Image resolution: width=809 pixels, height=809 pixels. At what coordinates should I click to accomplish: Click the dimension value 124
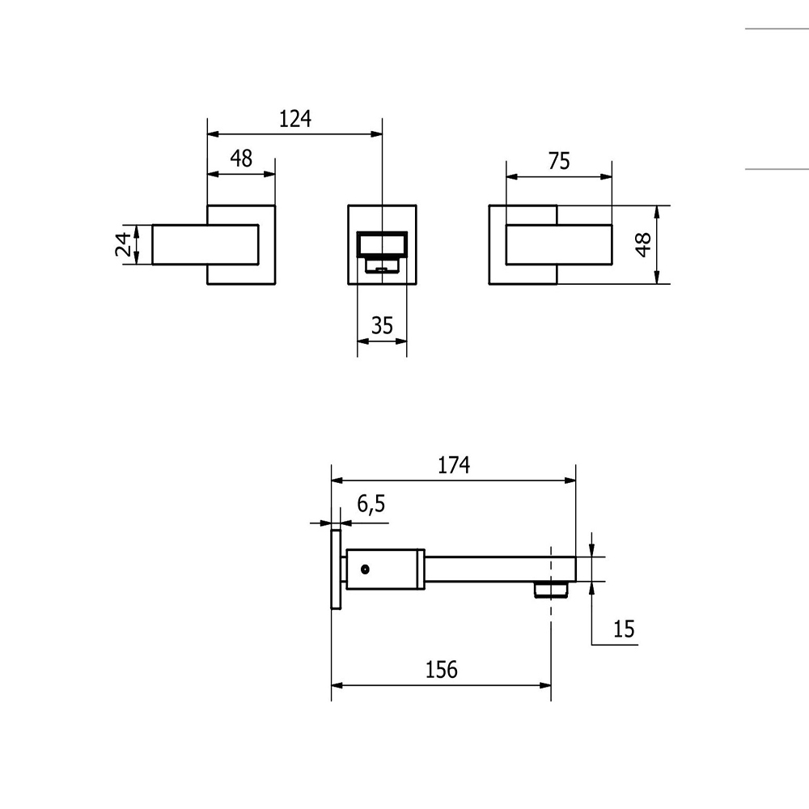click(295, 119)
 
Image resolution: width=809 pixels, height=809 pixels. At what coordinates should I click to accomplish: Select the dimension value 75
click(559, 161)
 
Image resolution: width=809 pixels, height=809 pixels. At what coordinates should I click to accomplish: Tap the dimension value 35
click(382, 325)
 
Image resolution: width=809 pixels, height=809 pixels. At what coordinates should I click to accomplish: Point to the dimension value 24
click(123, 244)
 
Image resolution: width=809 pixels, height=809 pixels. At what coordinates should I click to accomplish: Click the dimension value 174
click(454, 465)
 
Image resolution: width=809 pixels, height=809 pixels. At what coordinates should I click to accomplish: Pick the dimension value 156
click(441, 670)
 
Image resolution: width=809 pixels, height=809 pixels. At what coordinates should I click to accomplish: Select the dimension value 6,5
click(371, 503)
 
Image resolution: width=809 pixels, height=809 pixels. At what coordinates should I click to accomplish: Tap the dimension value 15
click(623, 629)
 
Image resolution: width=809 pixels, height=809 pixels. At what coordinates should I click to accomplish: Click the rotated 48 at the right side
click(643, 244)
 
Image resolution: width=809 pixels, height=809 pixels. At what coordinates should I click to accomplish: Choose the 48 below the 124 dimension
click(241, 159)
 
